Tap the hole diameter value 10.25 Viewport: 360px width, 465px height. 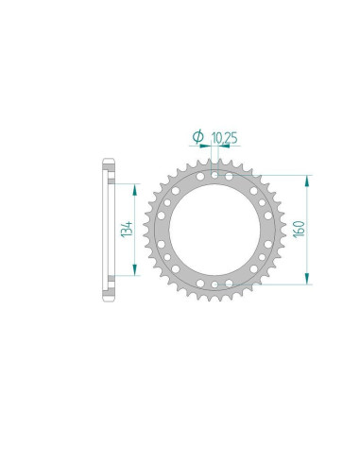[x=225, y=139]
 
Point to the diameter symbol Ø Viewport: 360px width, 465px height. [x=197, y=139]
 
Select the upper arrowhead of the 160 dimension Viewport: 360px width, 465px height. [x=307, y=178]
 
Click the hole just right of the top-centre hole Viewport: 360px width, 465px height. [x=229, y=177]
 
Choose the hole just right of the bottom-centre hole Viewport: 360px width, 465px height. [x=229, y=283]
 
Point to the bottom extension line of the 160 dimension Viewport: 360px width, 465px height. [x=274, y=284]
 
